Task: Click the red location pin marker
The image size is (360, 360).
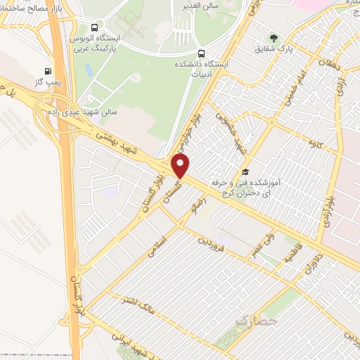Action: [181, 166]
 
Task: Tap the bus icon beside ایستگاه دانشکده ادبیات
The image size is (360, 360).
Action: [202, 53]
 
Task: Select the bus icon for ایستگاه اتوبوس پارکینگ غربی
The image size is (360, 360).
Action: [75, 27]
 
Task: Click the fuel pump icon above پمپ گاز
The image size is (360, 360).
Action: [48, 70]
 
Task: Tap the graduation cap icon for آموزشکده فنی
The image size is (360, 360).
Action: [245, 172]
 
